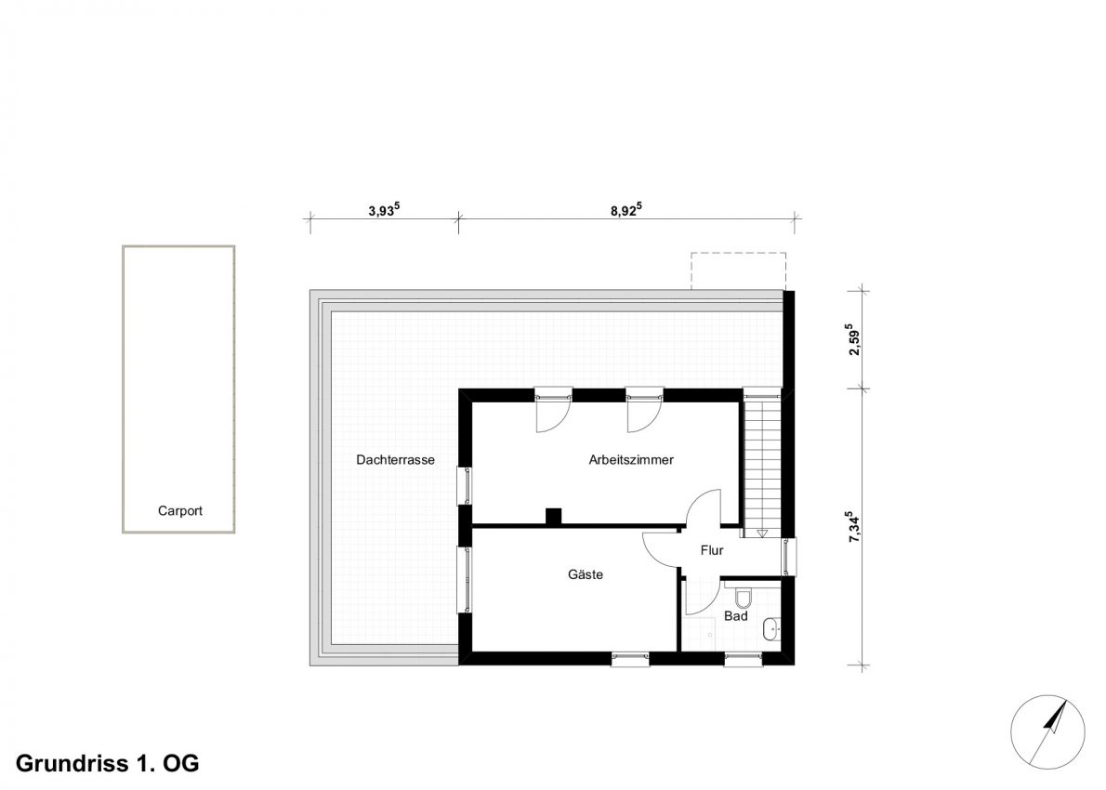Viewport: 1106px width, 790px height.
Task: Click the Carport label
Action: point(180,510)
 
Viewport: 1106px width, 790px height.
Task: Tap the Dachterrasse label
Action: point(395,460)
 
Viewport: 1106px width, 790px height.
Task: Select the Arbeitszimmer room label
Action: point(631,460)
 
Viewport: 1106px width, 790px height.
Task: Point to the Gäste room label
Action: point(586,574)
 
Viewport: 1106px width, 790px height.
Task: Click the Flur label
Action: point(712,550)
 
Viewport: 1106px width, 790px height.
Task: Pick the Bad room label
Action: point(736,616)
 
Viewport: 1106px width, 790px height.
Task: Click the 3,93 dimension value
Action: point(384,209)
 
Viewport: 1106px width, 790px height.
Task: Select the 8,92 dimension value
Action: point(625,209)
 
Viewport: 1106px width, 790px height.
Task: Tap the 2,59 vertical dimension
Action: point(853,339)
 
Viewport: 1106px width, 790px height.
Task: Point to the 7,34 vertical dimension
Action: point(853,527)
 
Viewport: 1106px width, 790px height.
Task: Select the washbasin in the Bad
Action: point(771,629)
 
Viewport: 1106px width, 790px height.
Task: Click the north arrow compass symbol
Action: point(1047,731)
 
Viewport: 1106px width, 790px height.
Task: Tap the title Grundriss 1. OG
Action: point(107,763)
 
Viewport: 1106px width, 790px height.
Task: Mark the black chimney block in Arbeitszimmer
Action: point(554,517)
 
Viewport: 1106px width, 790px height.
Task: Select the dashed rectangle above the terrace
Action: point(738,270)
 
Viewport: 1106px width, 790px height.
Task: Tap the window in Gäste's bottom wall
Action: point(630,659)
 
